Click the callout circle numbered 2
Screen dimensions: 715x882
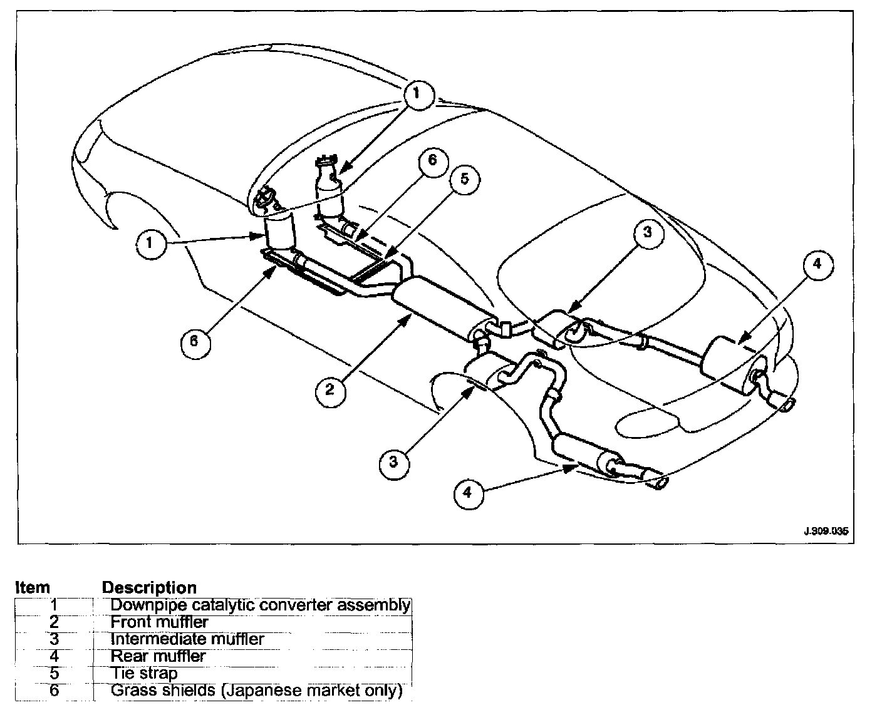pos(329,390)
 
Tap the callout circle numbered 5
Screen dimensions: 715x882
pos(464,180)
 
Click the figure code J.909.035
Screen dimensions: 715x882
pos(825,532)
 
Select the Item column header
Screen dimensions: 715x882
pos(33,588)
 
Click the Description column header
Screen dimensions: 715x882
pos(149,588)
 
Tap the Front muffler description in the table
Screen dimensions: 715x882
pos(159,622)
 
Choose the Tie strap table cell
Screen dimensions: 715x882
pos(144,674)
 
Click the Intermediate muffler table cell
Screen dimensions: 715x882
pos(187,639)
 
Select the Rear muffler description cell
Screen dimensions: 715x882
pos(158,656)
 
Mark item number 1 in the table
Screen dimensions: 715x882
pos(54,605)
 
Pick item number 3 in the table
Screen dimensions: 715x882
pos(54,639)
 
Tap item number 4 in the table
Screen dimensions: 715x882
pos(54,656)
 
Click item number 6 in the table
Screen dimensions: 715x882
pos(54,691)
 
